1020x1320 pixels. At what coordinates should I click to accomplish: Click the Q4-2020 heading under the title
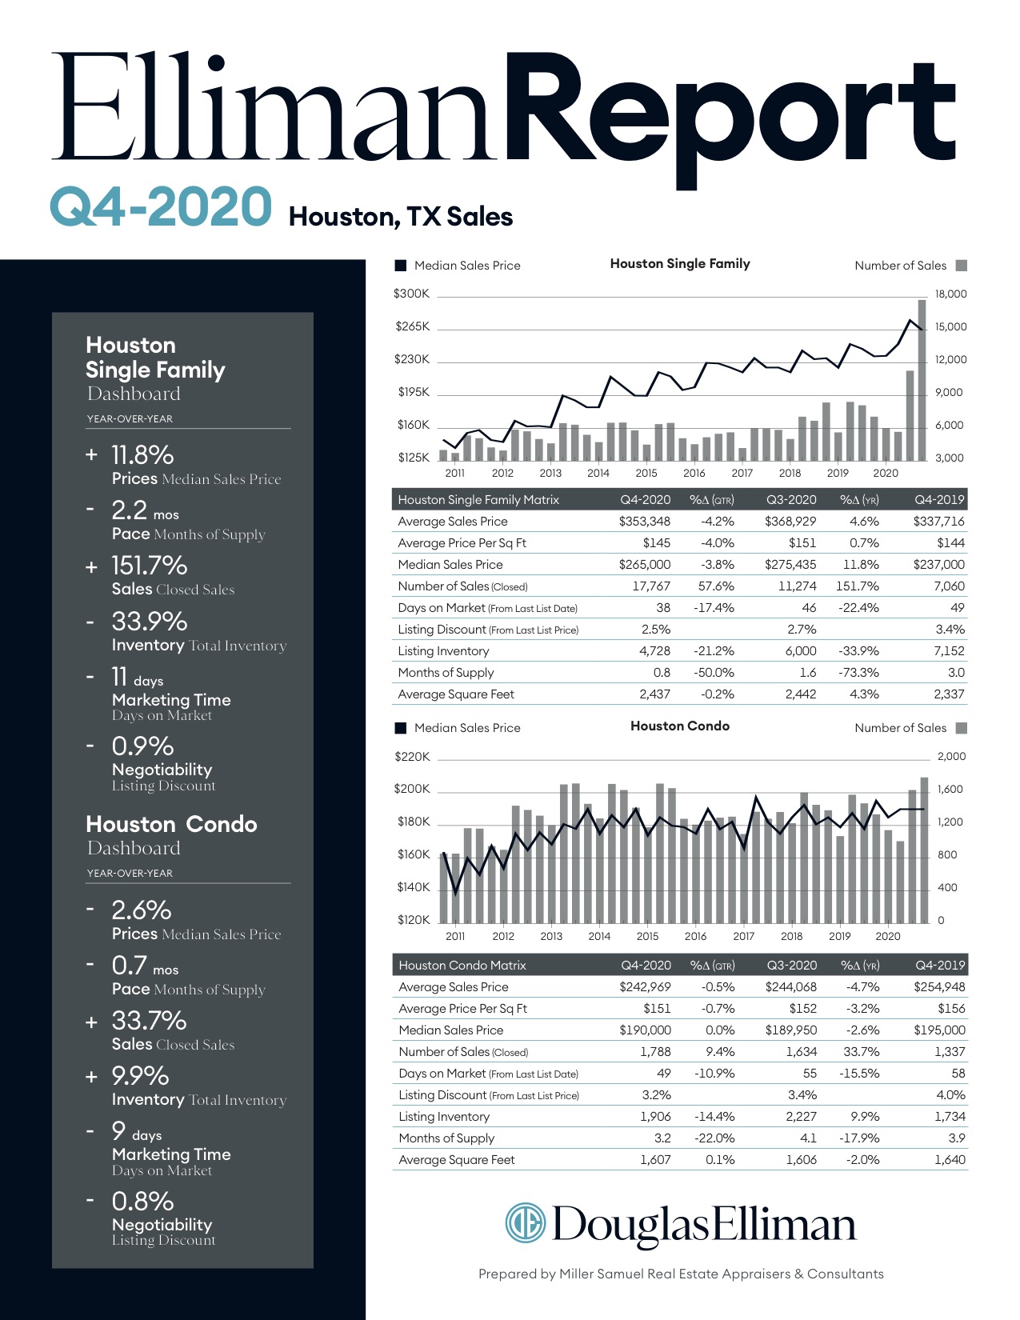coord(161,207)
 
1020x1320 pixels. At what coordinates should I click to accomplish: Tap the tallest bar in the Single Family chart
coord(922,380)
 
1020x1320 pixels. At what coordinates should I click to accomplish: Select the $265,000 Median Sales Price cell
coord(644,565)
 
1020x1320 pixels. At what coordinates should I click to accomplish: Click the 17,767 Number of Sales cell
coord(651,586)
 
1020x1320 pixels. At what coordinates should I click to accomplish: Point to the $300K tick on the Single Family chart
coord(411,294)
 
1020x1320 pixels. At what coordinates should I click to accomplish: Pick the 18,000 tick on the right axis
coord(950,294)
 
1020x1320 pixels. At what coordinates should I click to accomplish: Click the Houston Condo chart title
coord(679,726)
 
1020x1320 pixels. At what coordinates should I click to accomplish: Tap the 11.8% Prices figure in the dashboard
coord(142,455)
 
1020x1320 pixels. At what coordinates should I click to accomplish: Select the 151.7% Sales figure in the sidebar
coord(149,566)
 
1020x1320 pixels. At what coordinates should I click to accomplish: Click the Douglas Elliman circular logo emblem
coord(525,1223)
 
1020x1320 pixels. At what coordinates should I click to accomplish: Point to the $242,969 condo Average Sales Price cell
coord(645,987)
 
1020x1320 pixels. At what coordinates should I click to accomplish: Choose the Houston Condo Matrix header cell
coord(462,966)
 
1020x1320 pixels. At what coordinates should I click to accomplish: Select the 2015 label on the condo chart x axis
coord(647,936)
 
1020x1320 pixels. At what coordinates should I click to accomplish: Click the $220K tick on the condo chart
coord(412,757)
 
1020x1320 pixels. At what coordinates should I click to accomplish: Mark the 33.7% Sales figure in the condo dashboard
coord(149,1021)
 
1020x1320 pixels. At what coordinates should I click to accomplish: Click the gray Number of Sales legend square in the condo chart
coord(962,728)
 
